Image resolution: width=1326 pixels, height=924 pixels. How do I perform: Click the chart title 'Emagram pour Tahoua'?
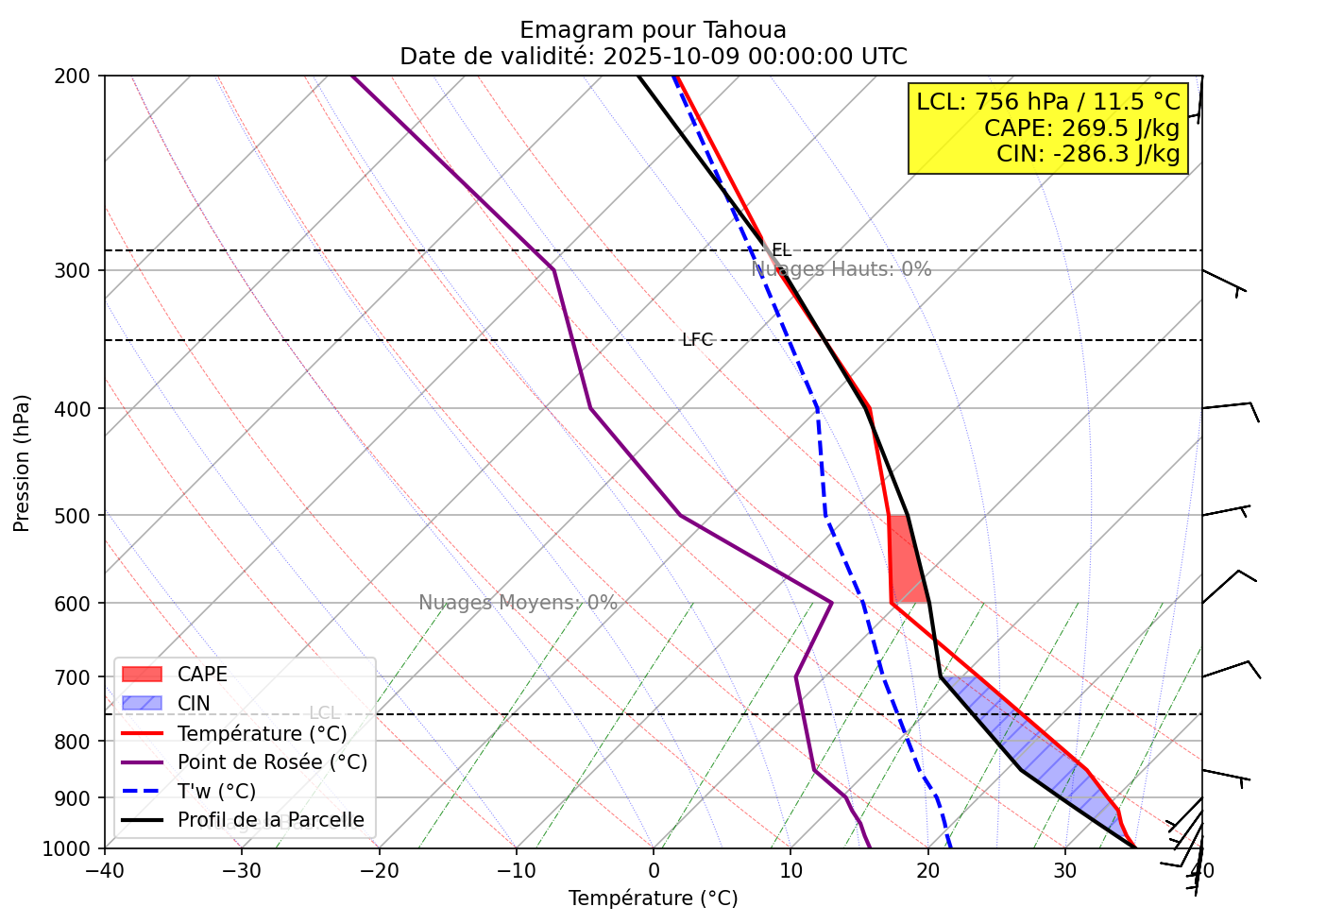653,30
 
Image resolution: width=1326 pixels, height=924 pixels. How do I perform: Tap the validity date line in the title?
653,57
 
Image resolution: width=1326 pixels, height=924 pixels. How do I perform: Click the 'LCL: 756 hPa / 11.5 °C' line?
1048,102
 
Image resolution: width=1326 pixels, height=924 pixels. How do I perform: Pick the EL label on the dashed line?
781,250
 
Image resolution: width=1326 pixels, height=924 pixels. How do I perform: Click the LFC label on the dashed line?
697,340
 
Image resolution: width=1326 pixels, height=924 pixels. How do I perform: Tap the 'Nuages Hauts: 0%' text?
841,269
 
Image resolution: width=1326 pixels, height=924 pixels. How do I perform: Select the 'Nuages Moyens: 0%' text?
518,603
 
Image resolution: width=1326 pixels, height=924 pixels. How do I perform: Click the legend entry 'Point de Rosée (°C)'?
272,762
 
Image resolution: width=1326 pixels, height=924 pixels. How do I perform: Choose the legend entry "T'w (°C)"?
216,792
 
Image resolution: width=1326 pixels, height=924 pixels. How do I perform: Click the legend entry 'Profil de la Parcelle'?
270,820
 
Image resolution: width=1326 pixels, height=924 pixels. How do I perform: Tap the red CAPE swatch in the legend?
143,675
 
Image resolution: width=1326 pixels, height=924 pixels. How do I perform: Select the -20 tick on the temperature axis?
379,869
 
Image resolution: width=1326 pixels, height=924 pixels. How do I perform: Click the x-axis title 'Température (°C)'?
653,898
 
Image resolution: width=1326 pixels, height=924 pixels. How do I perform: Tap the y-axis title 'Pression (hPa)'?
23,463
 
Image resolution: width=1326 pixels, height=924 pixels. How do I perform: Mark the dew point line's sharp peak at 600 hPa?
831,603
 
